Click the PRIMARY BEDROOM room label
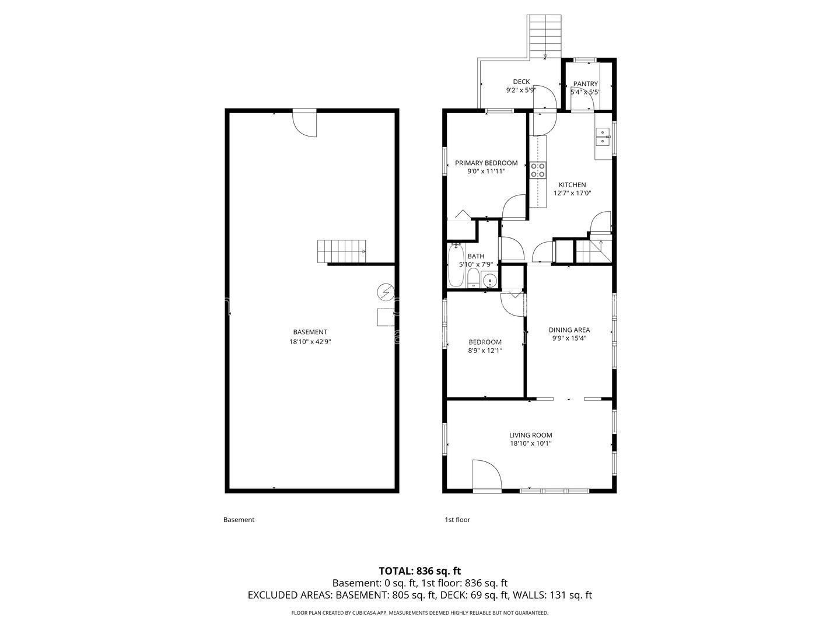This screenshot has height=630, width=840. (486, 163)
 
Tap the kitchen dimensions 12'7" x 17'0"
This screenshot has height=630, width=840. (572, 193)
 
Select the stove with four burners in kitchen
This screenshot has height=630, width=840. (538, 170)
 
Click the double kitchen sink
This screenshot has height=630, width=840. (603, 137)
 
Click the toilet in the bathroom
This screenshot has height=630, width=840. (473, 278)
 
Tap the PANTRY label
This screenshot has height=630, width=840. (585, 84)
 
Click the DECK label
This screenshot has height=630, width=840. (521, 82)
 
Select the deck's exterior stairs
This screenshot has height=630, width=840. (544, 37)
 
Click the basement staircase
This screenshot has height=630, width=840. (341, 251)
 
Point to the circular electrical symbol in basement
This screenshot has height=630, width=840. (384, 292)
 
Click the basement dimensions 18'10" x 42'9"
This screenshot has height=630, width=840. (310, 342)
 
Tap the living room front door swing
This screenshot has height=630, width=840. (487, 474)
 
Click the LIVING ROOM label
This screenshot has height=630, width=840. (530, 435)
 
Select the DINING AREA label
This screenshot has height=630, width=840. (569, 330)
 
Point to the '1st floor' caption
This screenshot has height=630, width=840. (457, 520)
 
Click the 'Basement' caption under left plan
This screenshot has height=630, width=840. (239, 520)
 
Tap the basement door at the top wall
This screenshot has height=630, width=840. (304, 123)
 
